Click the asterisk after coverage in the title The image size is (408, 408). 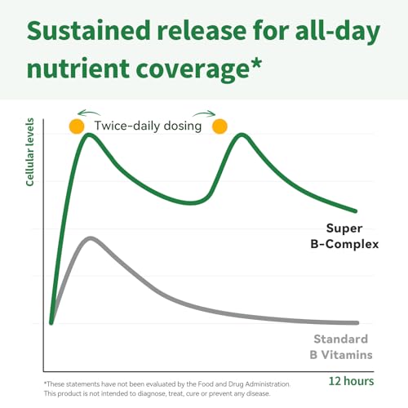pyautogui.click(x=256, y=63)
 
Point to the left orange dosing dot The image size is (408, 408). pyautogui.click(x=77, y=126)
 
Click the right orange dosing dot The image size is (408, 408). pyautogui.click(x=220, y=126)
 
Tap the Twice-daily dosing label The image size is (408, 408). pyautogui.click(x=148, y=126)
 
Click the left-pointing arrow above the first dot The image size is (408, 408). pyautogui.click(x=89, y=113)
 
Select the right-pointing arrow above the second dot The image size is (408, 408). pyautogui.click(x=204, y=113)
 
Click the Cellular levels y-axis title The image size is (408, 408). pyautogui.click(x=29, y=152)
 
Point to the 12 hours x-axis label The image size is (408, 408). pyautogui.click(x=351, y=381)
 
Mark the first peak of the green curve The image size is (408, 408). pyautogui.click(x=89, y=135)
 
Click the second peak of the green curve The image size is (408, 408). pyautogui.click(x=242, y=135)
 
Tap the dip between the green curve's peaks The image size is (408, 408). pyautogui.click(x=190, y=203)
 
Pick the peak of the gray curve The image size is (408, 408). pyautogui.click(x=91, y=238)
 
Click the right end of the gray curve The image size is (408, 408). pyautogui.click(x=357, y=323)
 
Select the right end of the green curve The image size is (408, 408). pyautogui.click(x=355, y=211)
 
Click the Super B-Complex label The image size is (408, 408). pyautogui.click(x=344, y=236)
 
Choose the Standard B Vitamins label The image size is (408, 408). pyautogui.click(x=341, y=347)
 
